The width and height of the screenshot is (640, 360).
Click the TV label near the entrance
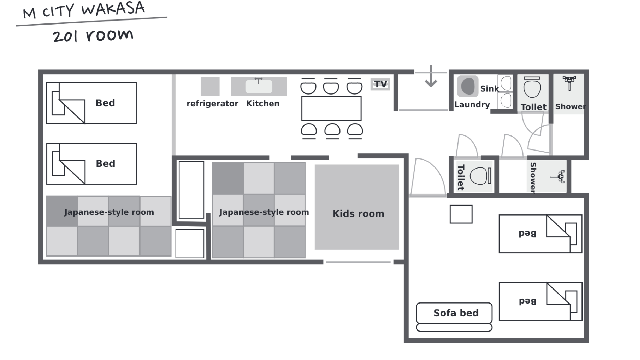[x=380, y=84]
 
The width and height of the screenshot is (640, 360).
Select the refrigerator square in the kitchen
[x=210, y=86]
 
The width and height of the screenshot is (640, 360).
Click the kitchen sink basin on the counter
[x=259, y=86]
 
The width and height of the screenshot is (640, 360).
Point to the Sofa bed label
[x=456, y=313]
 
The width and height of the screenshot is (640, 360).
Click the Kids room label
[x=358, y=214]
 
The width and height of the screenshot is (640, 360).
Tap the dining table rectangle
[x=331, y=108]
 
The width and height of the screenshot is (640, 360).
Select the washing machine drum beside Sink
[x=468, y=86]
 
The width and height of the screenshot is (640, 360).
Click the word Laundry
[x=472, y=105]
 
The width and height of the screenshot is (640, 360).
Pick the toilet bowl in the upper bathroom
[x=532, y=89]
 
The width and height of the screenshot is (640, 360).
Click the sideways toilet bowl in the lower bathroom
[x=479, y=176]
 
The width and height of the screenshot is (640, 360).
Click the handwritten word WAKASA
[x=113, y=8]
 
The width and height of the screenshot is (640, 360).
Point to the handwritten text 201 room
[x=93, y=36]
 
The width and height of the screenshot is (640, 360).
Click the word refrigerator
[x=212, y=104]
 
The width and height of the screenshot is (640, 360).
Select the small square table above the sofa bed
[x=461, y=214]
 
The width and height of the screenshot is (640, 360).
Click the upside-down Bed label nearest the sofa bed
[x=528, y=301]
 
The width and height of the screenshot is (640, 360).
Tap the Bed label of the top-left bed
[x=105, y=103]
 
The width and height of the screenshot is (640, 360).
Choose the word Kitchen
[x=263, y=104]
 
